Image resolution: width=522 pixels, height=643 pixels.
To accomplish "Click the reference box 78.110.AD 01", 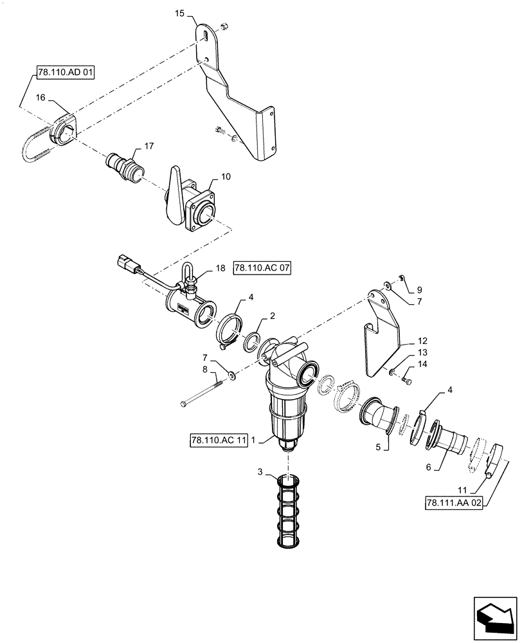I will [64, 73].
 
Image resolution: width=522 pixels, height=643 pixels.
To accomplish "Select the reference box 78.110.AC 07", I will [262, 267].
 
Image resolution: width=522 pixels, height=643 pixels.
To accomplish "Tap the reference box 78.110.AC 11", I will [219, 440].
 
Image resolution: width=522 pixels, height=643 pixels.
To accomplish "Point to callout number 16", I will [40, 99].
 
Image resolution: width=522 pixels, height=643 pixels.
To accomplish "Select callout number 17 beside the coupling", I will [148, 147].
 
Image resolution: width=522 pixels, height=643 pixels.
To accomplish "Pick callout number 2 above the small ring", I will [273, 316].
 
